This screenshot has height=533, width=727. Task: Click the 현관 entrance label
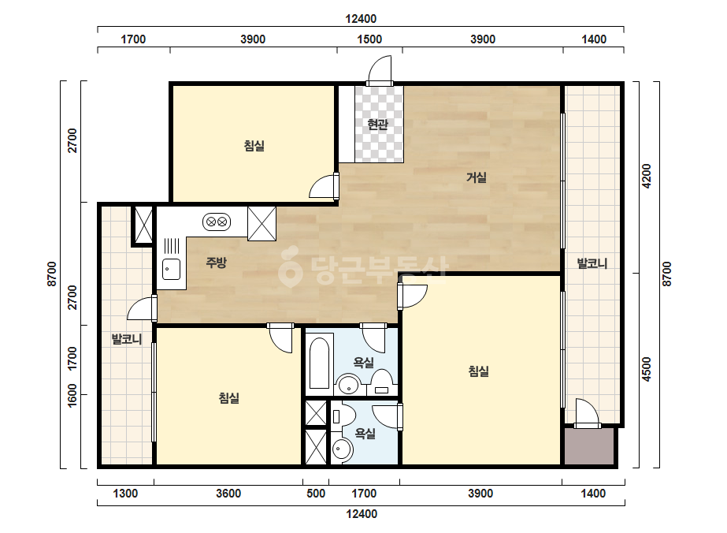pyautogui.click(x=377, y=125)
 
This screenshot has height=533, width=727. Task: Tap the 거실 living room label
pyautogui.click(x=477, y=177)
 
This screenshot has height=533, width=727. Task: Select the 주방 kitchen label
pyautogui.click(x=216, y=263)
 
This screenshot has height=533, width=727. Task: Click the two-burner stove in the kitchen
pyautogui.click(x=217, y=222)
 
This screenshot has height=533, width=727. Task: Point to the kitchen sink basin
pyautogui.click(x=171, y=269)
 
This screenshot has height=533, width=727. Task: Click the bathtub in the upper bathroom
pyautogui.click(x=319, y=361)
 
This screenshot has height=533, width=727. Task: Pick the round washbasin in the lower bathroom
pyautogui.click(x=342, y=449)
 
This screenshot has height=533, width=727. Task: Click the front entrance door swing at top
pyautogui.click(x=380, y=71)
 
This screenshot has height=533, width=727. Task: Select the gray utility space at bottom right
pyautogui.click(x=589, y=445)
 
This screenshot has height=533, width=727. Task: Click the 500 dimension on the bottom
pyautogui.click(x=316, y=493)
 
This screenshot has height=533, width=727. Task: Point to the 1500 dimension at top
pyautogui.click(x=369, y=39)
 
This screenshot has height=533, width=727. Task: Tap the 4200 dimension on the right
pyautogui.click(x=647, y=176)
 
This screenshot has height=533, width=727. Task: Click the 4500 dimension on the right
pyautogui.click(x=647, y=369)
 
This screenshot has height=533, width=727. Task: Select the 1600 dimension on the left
pyautogui.click(x=72, y=396)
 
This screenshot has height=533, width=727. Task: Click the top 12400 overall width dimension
pyautogui.click(x=361, y=19)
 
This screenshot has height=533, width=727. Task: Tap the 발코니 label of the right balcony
pyautogui.click(x=592, y=263)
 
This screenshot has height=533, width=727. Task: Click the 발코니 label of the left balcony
pyautogui.click(x=127, y=339)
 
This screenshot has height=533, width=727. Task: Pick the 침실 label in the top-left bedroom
pyautogui.click(x=254, y=146)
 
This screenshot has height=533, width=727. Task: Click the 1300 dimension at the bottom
pyautogui.click(x=125, y=493)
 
